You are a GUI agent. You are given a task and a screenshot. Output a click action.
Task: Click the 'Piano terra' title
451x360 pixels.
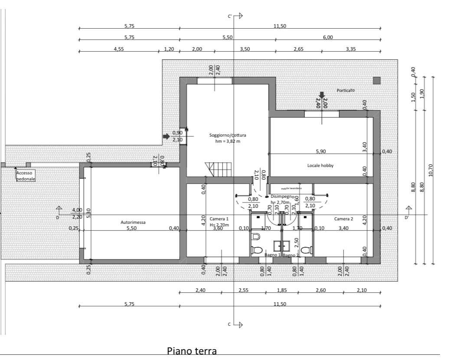191,350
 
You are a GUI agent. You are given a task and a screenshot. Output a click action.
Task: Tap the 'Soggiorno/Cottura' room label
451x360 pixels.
227,135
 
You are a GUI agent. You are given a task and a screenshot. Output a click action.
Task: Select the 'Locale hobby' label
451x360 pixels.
320,166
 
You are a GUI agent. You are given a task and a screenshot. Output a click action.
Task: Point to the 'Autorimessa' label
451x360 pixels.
133,223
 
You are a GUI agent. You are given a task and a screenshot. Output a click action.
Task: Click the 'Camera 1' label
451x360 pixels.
219,219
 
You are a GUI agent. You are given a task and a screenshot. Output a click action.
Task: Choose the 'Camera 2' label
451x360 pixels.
343,219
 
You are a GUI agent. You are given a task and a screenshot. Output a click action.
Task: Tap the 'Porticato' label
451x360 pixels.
346,90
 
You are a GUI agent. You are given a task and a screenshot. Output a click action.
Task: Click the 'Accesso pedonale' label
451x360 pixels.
26,175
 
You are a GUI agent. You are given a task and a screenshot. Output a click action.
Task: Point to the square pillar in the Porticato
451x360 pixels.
376,81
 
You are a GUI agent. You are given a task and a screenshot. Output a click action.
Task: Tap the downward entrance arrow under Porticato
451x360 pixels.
322,95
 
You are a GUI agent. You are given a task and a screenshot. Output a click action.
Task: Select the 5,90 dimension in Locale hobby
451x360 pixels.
320,152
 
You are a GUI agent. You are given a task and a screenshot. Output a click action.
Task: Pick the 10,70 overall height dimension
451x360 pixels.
431,173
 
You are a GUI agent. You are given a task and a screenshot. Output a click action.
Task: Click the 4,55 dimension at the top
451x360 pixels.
119,49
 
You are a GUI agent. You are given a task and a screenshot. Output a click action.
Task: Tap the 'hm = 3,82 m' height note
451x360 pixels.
227,141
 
